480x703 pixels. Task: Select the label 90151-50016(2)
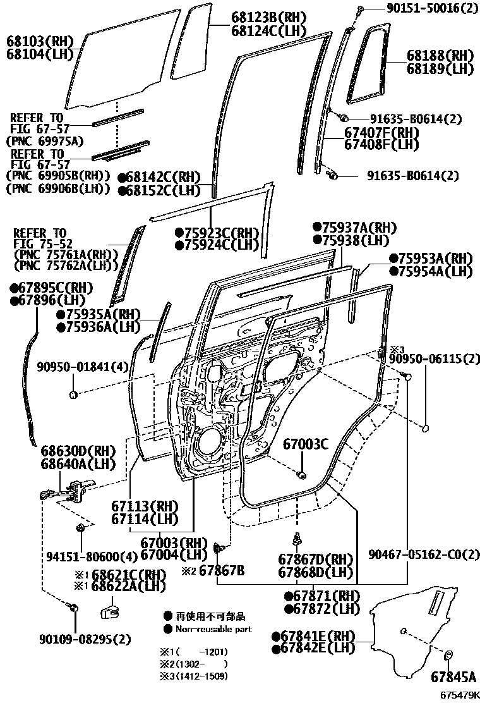coord(423,8)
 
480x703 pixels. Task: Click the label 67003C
coord(306,444)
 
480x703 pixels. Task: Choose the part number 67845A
coord(453,677)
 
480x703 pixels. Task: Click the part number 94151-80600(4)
coord(92,556)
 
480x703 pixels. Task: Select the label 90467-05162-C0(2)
coord(424,554)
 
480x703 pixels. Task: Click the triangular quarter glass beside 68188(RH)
coord(369,63)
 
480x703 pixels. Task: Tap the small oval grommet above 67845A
coord(449,655)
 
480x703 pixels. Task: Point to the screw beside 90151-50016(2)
coord(359,9)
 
